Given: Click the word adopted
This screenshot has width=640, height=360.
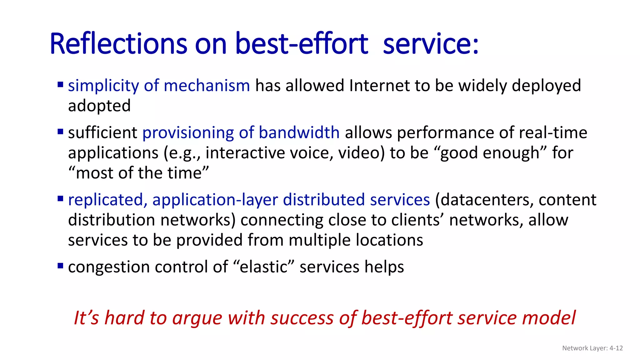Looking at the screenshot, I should (99, 106).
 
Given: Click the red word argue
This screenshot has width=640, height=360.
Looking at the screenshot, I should (197, 318).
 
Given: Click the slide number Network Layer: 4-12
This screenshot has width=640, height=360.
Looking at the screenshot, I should (592, 348).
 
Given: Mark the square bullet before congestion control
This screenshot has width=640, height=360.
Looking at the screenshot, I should (60, 266).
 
